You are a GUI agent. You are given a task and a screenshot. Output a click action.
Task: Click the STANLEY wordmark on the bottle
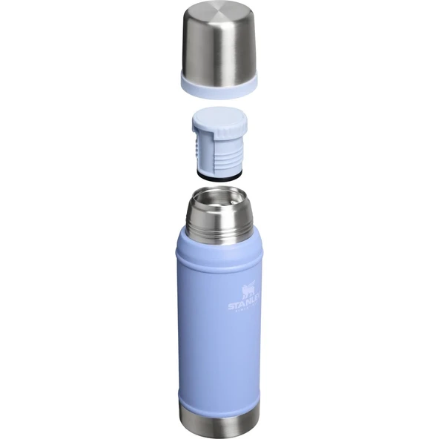[245, 305]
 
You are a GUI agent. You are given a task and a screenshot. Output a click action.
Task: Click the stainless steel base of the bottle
[219, 423]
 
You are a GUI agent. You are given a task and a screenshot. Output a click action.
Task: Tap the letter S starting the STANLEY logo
[231, 305]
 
